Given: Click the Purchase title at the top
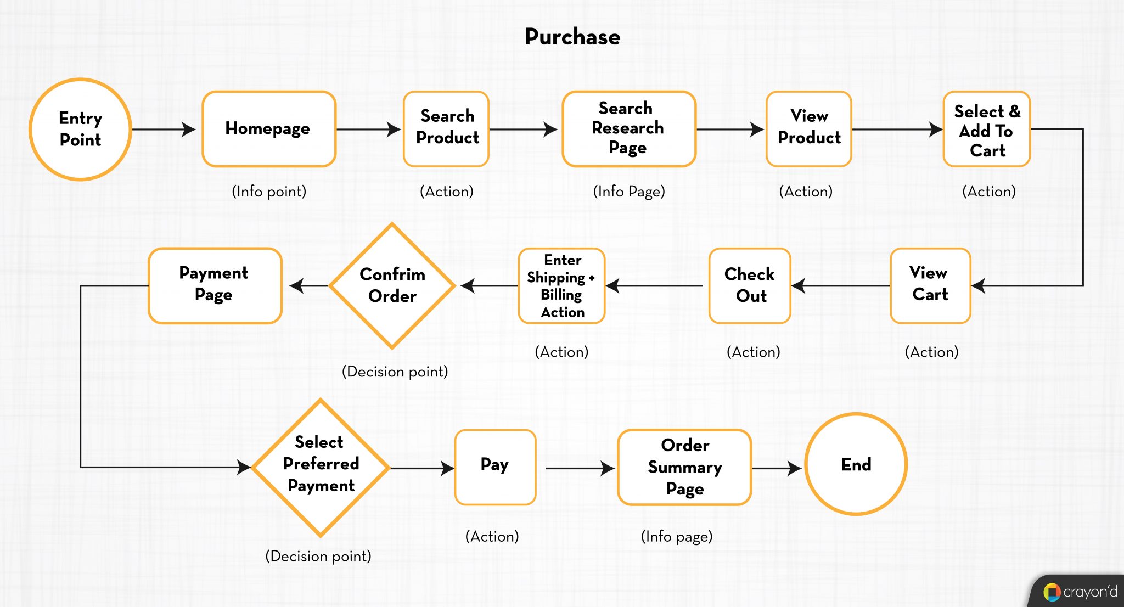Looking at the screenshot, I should click(x=572, y=37).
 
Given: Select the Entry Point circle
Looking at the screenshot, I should click(x=80, y=129).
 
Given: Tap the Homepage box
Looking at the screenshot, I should click(x=268, y=129).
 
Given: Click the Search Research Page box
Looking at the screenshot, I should click(x=628, y=129).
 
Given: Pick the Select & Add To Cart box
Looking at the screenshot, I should click(x=986, y=130).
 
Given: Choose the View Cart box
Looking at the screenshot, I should click(x=930, y=285).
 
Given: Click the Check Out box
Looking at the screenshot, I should click(x=750, y=285).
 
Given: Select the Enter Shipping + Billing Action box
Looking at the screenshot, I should click(x=561, y=286).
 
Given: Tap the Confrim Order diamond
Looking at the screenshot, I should click(x=392, y=285).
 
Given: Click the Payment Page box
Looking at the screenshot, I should click(x=215, y=285).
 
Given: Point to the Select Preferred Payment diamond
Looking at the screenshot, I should click(x=321, y=467).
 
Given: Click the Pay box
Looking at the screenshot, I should click(x=495, y=467).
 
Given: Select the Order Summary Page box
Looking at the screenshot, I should click(x=684, y=467).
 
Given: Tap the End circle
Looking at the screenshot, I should click(x=856, y=464).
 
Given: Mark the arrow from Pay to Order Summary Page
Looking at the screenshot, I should click(x=579, y=468).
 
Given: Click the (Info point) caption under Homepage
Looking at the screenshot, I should click(x=269, y=192).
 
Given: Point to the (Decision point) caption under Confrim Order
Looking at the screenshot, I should click(x=395, y=372).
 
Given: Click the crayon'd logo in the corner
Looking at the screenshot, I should click(x=1080, y=592).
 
